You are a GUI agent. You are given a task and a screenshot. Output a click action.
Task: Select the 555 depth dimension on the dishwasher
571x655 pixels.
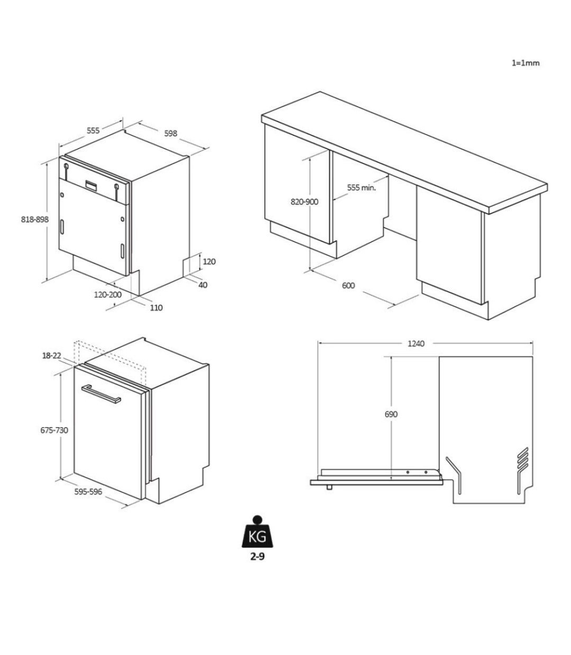[93, 130]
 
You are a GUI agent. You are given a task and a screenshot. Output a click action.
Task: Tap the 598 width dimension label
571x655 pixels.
[170, 133]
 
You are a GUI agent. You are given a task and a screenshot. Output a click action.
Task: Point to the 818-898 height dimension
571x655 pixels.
[35, 219]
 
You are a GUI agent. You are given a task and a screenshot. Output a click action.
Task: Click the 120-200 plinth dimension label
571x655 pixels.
[108, 294]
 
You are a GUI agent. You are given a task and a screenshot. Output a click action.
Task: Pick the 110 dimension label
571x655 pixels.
[156, 307]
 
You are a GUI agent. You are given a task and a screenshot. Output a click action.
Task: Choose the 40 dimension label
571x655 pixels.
[203, 285]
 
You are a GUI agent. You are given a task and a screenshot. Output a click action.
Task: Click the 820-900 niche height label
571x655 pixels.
[305, 202]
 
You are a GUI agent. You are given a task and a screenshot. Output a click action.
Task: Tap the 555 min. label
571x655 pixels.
[362, 188]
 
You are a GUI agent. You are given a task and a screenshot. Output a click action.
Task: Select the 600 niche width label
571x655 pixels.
[348, 285]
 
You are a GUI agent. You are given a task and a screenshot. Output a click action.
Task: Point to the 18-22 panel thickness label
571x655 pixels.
[52, 355]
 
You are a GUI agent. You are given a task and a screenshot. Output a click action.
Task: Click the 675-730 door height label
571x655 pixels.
[54, 431]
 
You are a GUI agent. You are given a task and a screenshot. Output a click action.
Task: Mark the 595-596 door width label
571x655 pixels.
[88, 492]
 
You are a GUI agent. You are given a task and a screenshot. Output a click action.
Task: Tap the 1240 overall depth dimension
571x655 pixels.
[416, 344]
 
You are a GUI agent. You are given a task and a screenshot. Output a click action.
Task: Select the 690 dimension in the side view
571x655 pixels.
[391, 415]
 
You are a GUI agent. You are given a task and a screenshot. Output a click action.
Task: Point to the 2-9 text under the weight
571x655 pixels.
[257, 566]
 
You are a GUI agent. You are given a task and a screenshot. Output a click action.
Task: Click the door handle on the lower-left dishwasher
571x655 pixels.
[101, 395]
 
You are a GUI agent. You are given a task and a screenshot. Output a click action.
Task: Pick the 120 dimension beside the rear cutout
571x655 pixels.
[209, 261]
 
